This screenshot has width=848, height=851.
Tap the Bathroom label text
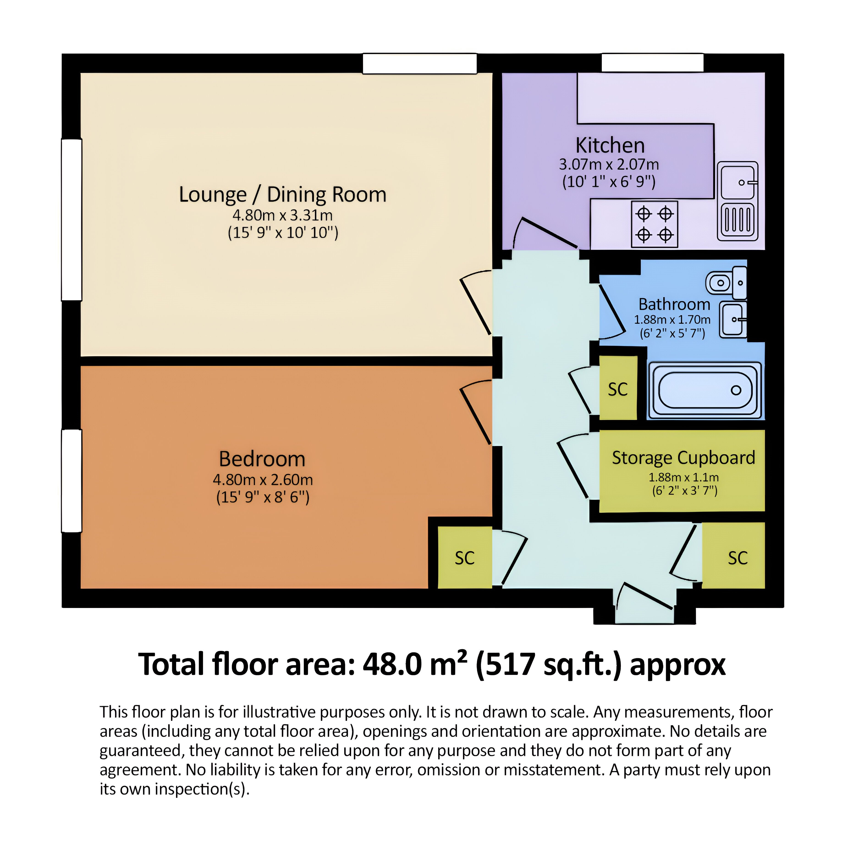click(x=674, y=304)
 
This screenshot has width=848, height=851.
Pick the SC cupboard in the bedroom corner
click(x=465, y=558)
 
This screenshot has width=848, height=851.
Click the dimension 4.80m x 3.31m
click(x=283, y=216)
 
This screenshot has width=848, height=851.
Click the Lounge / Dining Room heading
click(x=283, y=194)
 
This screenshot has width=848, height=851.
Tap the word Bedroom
click(x=262, y=459)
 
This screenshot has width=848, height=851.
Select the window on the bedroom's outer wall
click(x=71, y=481)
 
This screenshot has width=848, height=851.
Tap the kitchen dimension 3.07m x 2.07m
click(x=609, y=164)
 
